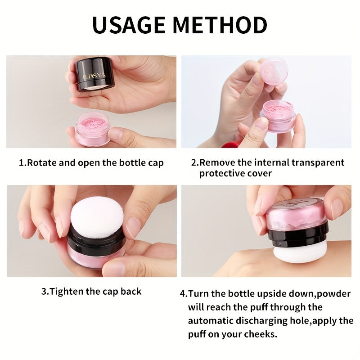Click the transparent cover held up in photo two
(274, 71)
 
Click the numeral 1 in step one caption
(21, 162)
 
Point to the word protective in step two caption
(222, 173)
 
